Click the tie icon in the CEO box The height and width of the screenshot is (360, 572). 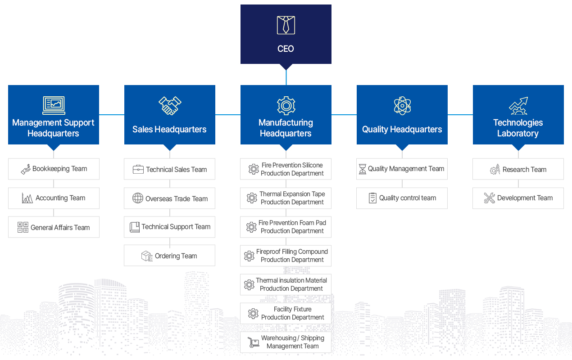click(286, 25)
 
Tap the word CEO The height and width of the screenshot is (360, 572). click(286, 49)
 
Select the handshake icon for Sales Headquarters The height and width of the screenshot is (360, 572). click(170, 105)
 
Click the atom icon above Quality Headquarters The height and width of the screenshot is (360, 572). click(402, 106)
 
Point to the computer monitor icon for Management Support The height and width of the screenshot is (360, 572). click(54, 105)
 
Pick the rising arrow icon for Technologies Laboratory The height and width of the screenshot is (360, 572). click(518, 106)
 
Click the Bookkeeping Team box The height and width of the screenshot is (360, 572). click(54, 169)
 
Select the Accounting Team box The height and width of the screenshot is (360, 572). click(54, 198)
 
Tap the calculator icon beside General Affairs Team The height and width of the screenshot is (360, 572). click(23, 227)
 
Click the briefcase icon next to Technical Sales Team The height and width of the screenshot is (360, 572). click(138, 169)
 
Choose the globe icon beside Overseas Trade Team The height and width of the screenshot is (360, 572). click(138, 198)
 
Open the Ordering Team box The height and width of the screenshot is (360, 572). click(169, 256)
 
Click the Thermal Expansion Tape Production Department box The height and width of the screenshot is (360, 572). click(286, 198)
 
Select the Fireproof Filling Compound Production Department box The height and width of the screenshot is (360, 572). click(286, 256)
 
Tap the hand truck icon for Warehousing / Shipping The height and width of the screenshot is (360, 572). click(253, 342)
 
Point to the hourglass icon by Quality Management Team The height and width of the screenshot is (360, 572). click(363, 169)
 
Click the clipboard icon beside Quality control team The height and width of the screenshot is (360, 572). click(372, 198)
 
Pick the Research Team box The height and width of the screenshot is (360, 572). click(518, 169)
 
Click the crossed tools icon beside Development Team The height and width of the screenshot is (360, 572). click(489, 198)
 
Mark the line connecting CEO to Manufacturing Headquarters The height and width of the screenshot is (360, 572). click(286, 77)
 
